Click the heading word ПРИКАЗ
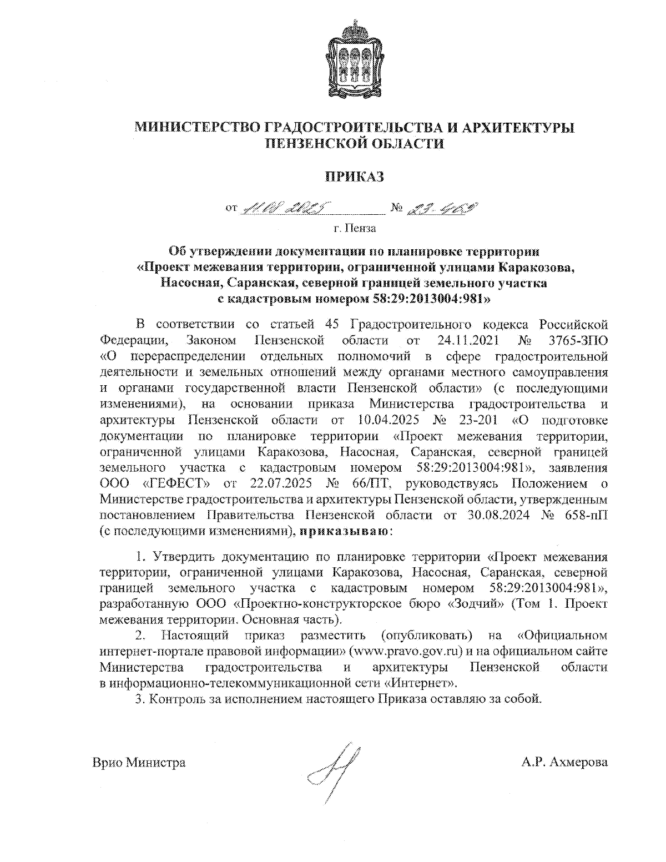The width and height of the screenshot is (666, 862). click(x=354, y=177)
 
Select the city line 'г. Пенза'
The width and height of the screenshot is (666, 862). click(x=354, y=228)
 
